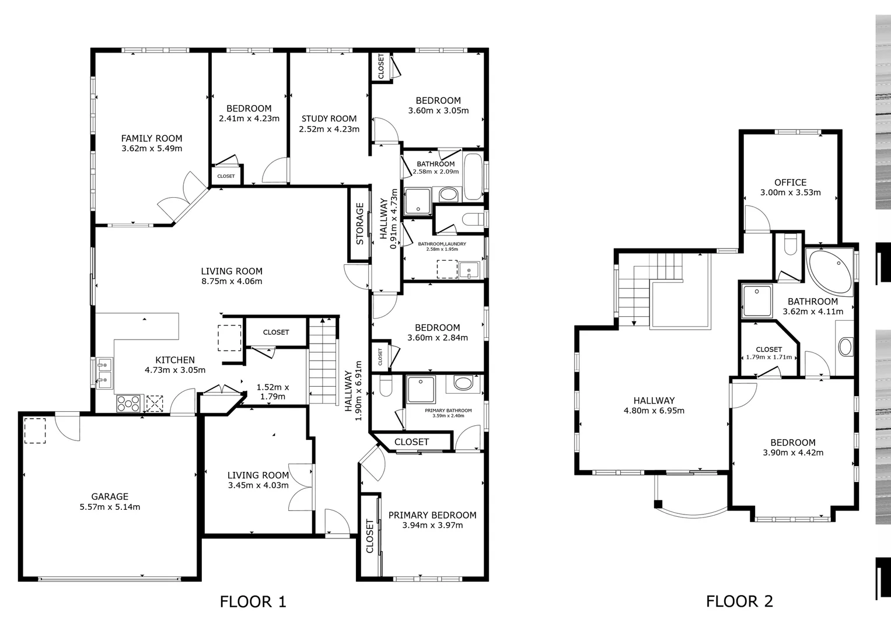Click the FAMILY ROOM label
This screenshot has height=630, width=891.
coord(152,138)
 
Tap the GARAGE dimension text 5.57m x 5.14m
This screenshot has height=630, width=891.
coord(110,507)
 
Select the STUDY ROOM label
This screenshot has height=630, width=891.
coord(329,118)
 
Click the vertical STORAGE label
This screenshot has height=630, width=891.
coord(359,224)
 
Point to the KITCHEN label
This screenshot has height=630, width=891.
coord(175,360)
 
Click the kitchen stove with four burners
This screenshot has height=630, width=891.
coord(128,403)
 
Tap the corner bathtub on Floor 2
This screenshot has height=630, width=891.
coord(829,271)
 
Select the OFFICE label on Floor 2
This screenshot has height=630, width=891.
coord(791,183)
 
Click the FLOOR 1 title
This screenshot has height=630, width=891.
coord(253,601)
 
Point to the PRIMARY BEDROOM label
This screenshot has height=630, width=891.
coord(432,515)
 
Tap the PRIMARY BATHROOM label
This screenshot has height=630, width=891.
coord(448,411)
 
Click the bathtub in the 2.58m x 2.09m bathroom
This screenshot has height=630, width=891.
coord(473,177)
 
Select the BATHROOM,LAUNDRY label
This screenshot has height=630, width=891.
coord(442,244)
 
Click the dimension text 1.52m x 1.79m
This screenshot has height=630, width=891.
coord(273,392)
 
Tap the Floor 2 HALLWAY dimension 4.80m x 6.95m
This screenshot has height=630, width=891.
coord(654,411)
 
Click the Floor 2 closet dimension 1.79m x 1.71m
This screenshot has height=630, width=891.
coord(769,357)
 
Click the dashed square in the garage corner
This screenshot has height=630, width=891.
coord(35,430)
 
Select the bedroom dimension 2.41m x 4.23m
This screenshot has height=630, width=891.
coord(249,118)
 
